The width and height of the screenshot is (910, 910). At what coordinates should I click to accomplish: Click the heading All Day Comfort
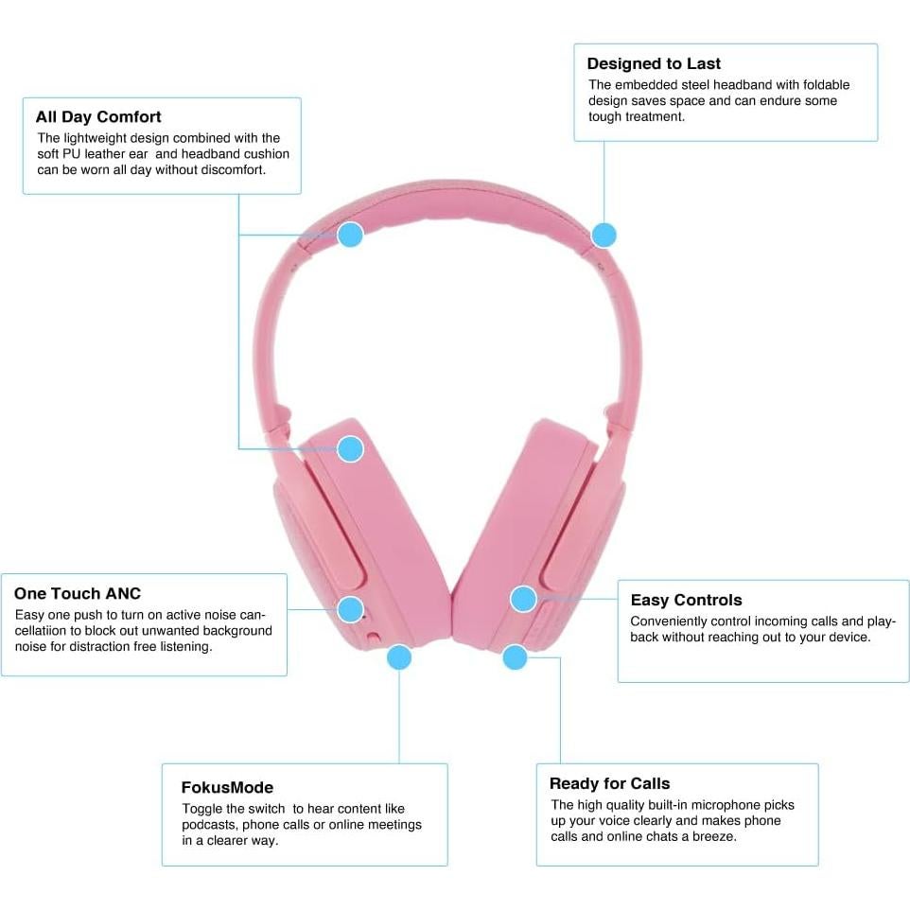point(98,117)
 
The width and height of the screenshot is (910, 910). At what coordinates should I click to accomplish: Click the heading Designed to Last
point(654,64)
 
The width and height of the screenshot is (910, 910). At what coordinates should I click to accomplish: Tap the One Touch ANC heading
point(78,594)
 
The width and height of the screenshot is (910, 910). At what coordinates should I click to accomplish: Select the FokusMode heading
point(227,787)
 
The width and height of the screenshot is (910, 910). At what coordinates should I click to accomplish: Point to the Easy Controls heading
point(686,600)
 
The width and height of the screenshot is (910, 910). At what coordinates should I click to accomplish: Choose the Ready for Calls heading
point(609,783)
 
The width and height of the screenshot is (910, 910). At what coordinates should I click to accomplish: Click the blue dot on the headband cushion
point(350,235)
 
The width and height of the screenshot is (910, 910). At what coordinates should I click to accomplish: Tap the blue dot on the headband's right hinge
point(604,235)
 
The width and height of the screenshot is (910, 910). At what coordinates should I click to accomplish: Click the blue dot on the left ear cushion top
point(350,448)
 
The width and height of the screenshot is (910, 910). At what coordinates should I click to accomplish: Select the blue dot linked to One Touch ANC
point(350,608)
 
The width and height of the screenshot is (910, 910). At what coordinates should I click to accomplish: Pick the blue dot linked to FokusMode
point(399,656)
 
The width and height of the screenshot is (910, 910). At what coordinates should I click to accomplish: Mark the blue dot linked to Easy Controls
point(523,598)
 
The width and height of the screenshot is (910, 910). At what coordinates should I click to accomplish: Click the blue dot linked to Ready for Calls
point(515,656)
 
